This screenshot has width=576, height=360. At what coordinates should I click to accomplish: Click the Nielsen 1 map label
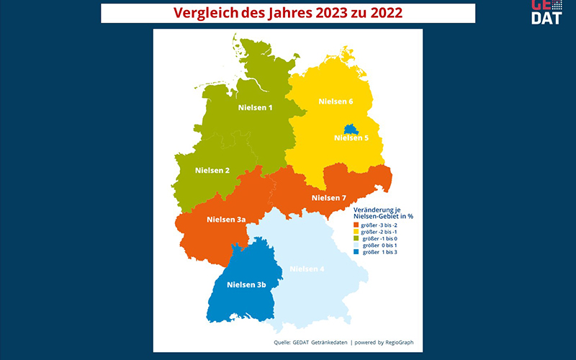point(255,108)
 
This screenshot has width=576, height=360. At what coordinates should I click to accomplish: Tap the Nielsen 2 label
point(212,171)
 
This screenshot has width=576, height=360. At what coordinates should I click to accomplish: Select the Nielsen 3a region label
point(226,220)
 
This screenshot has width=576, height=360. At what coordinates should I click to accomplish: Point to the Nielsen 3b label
point(246,285)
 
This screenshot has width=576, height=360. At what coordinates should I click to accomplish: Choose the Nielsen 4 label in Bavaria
point(307,269)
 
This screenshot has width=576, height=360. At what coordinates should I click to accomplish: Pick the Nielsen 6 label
point(336,102)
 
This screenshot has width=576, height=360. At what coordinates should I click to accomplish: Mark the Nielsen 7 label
point(329,198)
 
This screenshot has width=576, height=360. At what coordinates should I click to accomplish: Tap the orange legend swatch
point(356,225)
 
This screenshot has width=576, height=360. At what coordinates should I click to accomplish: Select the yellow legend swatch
point(356,232)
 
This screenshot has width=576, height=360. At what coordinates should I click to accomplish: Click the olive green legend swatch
point(356,239)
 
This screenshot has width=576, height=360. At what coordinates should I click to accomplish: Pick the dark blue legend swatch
point(356,253)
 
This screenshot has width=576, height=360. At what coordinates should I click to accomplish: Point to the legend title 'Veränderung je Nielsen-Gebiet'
point(387,212)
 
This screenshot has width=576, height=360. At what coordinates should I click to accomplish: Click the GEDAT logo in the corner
point(546,12)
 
